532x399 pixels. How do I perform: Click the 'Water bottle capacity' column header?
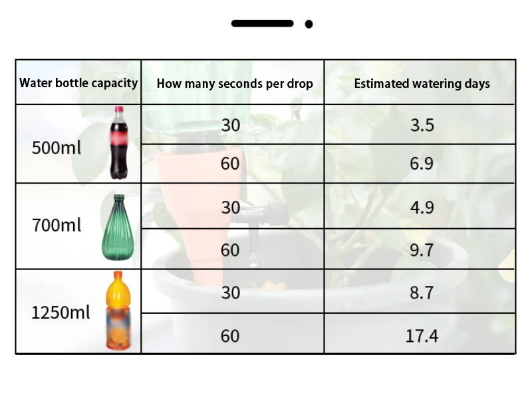(78, 83)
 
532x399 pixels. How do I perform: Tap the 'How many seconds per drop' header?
(235, 84)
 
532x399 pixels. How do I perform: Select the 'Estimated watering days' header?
(422, 84)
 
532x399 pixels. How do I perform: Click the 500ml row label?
(57, 147)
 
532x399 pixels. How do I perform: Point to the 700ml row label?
(57, 225)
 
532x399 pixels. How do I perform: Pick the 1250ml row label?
(61, 311)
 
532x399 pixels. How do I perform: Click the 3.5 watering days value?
(422, 124)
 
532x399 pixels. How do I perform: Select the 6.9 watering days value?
(422, 164)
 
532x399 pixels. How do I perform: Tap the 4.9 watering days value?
(422, 207)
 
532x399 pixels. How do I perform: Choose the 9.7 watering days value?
(422, 250)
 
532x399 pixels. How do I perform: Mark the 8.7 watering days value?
(422, 292)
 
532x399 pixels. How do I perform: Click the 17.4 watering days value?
(422, 336)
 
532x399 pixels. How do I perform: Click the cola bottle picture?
(118, 144)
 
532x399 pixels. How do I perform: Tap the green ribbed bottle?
(118, 227)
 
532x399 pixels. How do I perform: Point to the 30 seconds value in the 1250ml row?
(230, 292)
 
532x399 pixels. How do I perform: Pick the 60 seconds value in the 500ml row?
(230, 164)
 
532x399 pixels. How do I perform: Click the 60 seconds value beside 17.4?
(230, 336)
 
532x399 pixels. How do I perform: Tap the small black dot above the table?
(309, 25)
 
